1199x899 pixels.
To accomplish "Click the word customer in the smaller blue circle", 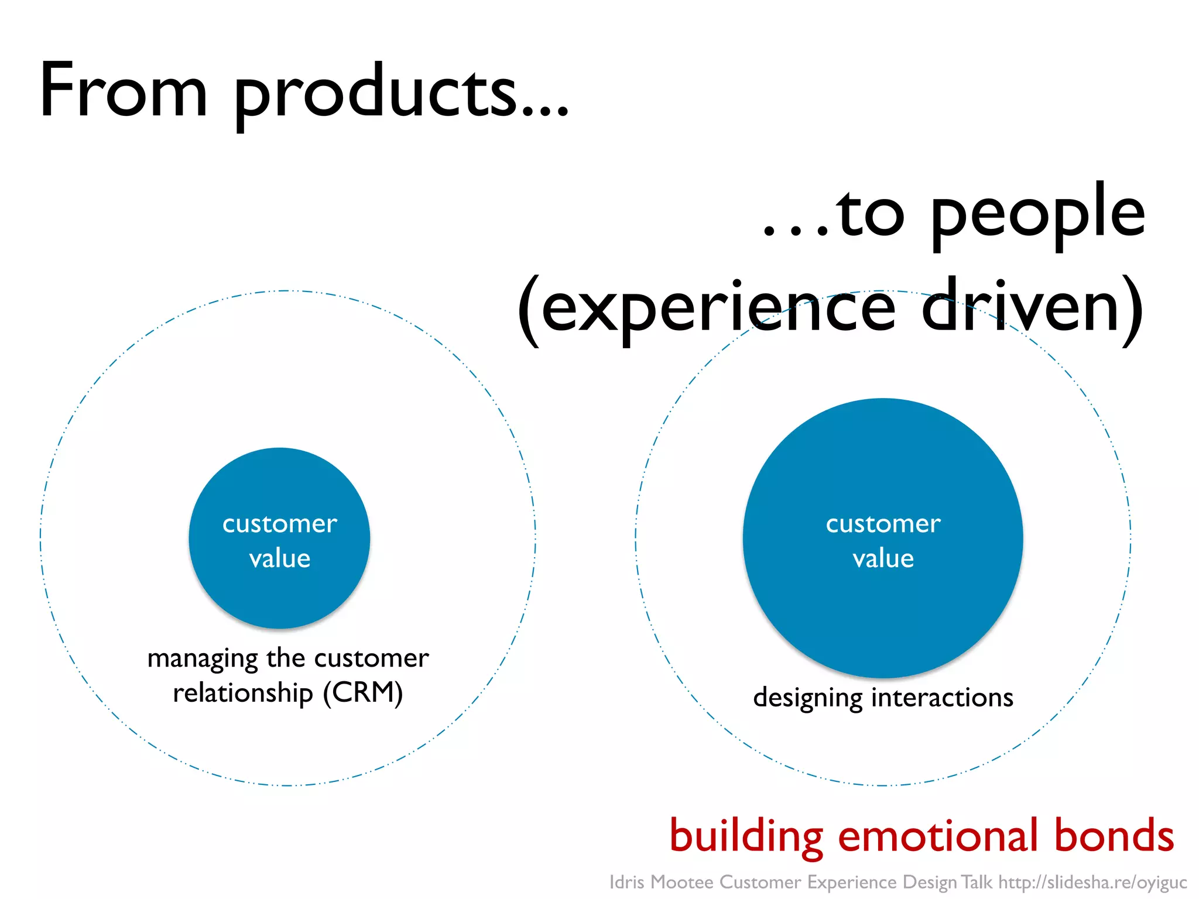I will (280, 523).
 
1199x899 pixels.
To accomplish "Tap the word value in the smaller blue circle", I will (280, 558).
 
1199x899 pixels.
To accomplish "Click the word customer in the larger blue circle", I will (883, 523).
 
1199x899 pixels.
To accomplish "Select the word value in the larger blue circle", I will (883, 558).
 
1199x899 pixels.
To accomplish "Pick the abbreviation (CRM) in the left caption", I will (363, 693).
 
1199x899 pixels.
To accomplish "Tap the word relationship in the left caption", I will (242, 693).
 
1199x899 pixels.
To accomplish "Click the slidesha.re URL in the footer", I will (1092, 882).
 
